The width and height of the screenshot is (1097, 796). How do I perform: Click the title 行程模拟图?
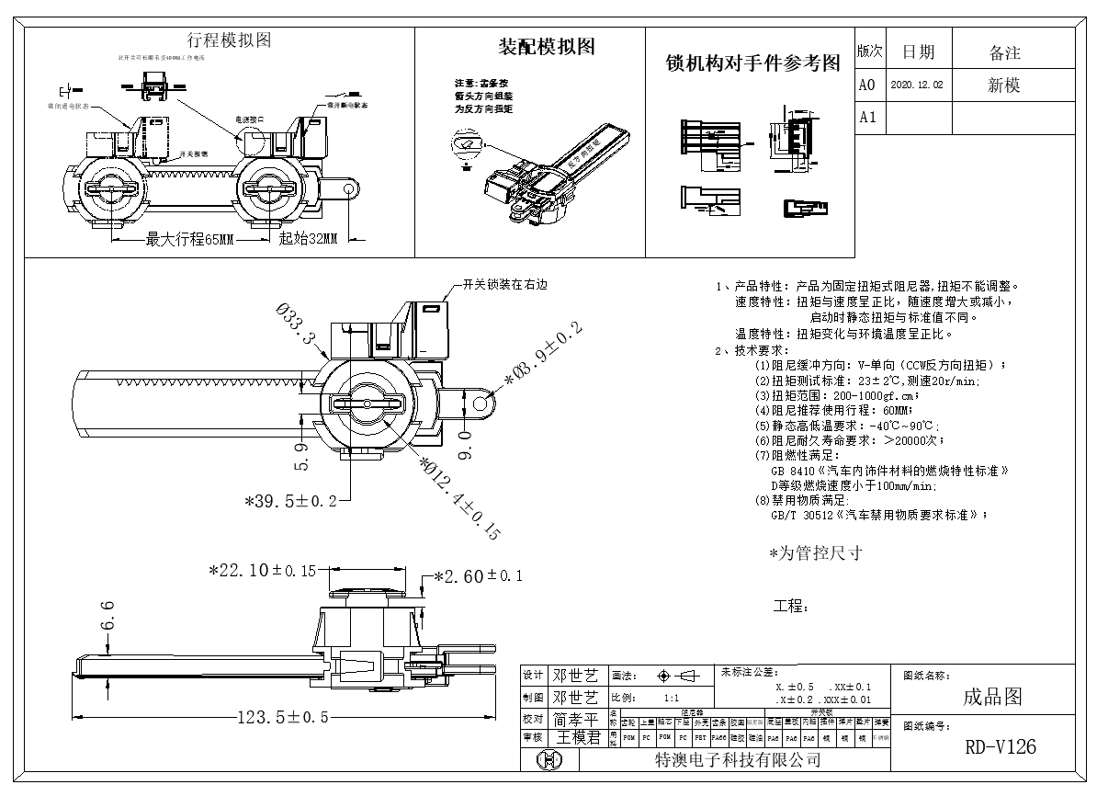[x=229, y=40]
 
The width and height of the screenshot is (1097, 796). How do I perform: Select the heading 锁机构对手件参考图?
[x=752, y=63]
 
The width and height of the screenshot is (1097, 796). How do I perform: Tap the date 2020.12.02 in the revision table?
[x=917, y=85]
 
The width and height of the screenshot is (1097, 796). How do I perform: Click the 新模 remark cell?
[x=1003, y=85]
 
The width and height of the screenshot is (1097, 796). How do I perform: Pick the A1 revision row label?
[x=867, y=118]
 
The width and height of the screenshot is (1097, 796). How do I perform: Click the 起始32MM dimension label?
[x=308, y=240]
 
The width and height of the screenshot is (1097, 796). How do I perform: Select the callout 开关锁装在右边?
[x=504, y=285]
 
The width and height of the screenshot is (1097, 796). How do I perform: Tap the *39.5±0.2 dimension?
[x=289, y=501]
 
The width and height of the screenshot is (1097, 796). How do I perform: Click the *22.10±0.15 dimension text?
[x=263, y=571]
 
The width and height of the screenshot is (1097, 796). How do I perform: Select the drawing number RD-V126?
[x=1000, y=747]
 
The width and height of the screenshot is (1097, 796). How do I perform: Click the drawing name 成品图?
[x=992, y=697]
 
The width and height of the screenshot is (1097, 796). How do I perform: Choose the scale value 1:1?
[x=671, y=698]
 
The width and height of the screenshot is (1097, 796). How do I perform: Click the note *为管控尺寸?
[x=815, y=553]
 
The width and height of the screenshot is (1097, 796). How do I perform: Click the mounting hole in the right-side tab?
[x=480, y=403]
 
